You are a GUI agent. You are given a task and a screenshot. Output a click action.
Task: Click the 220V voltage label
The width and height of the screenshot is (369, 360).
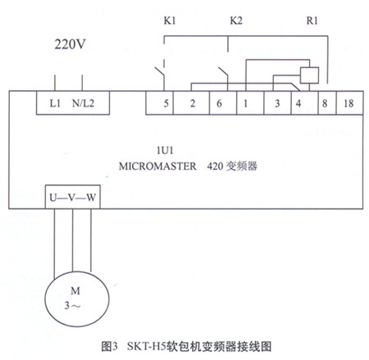(70, 44)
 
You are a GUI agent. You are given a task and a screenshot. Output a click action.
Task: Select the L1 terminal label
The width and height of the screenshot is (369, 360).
(55, 103)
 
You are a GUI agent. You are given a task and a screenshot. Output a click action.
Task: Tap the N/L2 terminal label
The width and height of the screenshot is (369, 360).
(83, 103)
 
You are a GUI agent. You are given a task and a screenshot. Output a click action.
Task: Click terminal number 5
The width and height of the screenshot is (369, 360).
(166, 103)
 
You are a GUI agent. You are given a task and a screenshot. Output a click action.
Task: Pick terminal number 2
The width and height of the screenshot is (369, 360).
(193, 103)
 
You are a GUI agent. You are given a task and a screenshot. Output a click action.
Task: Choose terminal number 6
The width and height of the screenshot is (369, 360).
(219, 103)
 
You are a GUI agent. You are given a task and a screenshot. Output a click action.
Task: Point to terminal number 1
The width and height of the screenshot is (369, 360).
(245, 103)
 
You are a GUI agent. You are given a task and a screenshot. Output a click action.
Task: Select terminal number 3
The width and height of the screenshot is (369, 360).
(277, 103)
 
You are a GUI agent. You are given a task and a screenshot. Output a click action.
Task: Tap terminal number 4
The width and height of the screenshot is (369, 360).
(298, 103)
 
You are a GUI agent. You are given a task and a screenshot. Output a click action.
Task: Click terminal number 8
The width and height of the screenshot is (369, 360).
(325, 103)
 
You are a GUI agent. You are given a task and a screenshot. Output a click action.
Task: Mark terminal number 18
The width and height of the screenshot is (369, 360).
(348, 103)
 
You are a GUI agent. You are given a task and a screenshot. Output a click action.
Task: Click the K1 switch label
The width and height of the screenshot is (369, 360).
(170, 21)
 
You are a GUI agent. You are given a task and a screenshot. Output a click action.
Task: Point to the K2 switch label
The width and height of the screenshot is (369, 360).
(236, 21)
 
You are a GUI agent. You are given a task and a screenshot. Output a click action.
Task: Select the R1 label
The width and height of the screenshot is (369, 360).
(312, 21)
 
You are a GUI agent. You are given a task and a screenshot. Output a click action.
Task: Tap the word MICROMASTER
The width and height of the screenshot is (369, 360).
(157, 166)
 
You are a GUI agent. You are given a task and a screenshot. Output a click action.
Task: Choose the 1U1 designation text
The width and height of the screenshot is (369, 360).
(165, 151)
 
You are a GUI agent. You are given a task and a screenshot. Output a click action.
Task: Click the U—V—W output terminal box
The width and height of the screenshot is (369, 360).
(73, 197)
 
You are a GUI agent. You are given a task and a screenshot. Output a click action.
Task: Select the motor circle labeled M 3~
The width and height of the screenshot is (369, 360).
(77, 298)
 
